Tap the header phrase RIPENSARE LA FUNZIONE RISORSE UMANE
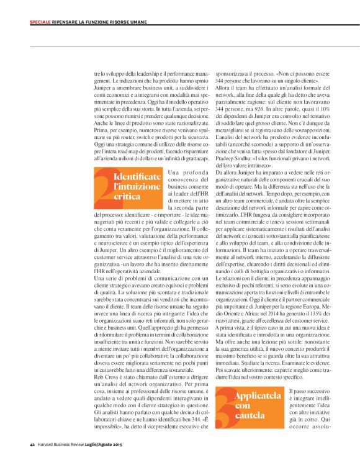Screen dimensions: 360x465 pyautogui.click(x=93, y=22)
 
